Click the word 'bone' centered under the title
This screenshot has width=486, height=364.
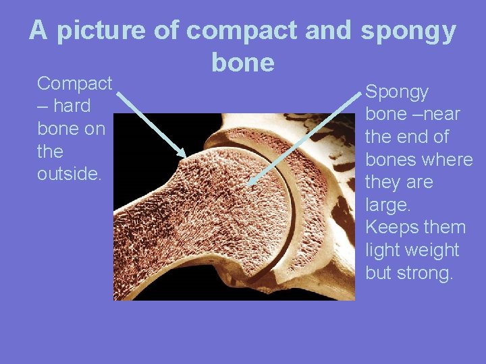point(243,63)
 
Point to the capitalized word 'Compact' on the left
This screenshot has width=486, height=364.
point(74,84)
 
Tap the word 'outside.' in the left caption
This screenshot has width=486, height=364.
point(70,174)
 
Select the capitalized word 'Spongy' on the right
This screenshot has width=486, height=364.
point(397,92)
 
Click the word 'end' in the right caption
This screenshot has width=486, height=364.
point(409,137)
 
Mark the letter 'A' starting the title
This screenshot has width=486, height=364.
point(38,30)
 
